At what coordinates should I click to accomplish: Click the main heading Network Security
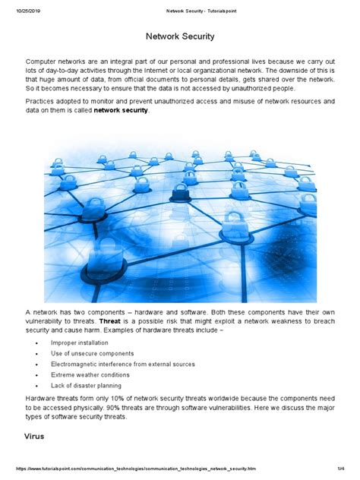[x=179, y=36]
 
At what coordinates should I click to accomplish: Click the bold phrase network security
[x=122, y=111]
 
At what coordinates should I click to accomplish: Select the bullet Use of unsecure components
[x=93, y=353]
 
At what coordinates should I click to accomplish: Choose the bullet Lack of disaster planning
[x=87, y=385]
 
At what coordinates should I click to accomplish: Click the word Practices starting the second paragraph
[x=43, y=101]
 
